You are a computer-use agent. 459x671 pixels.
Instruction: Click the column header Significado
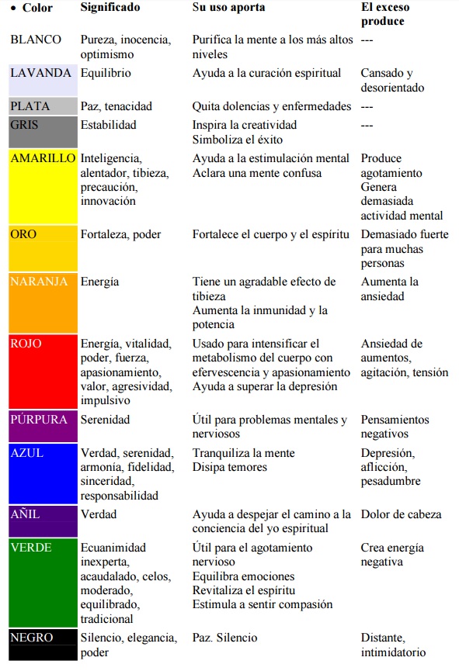(110, 8)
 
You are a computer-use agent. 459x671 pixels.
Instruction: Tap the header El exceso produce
(386, 14)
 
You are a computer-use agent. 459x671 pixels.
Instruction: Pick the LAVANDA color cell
(43, 81)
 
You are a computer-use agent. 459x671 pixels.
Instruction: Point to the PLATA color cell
(43, 106)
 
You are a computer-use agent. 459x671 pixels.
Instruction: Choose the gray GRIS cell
(43, 132)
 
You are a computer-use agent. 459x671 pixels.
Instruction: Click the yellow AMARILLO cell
(43, 187)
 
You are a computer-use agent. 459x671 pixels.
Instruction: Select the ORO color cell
(43, 248)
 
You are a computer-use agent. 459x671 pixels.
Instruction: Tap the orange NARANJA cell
(43, 303)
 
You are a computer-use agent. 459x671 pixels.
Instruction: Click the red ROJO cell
(43, 372)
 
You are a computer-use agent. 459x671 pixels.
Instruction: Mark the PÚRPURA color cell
(43, 427)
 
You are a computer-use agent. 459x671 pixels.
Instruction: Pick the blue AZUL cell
(43, 474)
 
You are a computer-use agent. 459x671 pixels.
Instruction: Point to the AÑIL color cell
(43, 521)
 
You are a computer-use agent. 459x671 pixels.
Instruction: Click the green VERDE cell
(43, 583)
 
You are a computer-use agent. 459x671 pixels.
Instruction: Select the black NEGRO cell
(43, 645)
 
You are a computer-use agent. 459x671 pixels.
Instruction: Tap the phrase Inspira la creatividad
(245, 125)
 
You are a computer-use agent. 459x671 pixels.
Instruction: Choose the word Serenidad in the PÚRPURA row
(105, 420)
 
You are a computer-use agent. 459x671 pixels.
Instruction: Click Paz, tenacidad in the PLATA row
(116, 106)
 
